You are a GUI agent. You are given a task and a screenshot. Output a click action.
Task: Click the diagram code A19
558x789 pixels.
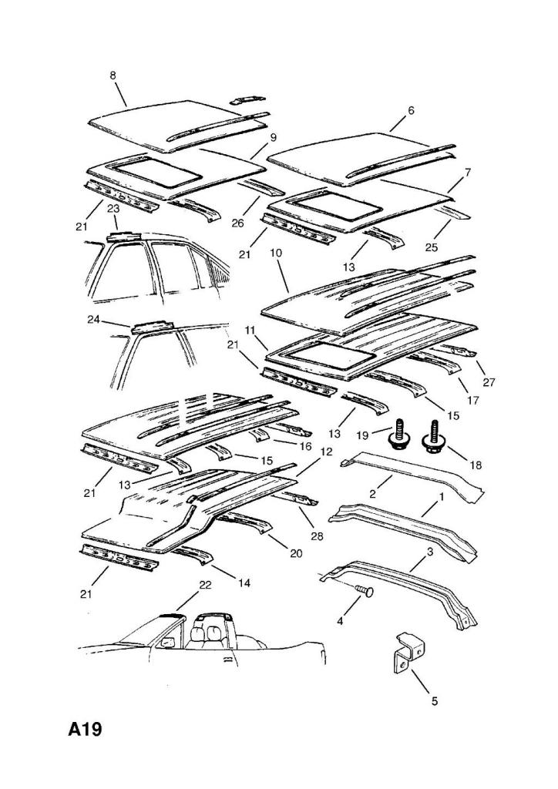(85, 728)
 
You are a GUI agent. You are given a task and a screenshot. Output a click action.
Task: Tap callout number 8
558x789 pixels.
(113, 76)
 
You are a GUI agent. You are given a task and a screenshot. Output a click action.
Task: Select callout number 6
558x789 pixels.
(411, 110)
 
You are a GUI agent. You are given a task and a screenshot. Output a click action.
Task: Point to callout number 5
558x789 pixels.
(434, 700)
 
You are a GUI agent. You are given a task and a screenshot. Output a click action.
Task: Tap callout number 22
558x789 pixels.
(204, 585)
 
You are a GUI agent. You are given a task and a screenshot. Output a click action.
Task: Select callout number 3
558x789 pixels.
(430, 553)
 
